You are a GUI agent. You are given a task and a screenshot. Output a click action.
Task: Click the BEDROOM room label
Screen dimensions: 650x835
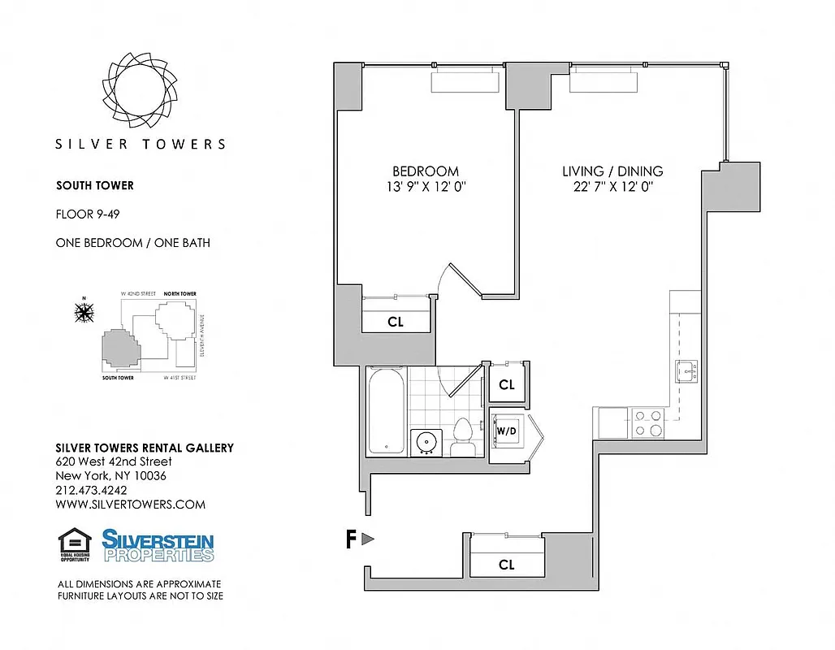click(x=425, y=171)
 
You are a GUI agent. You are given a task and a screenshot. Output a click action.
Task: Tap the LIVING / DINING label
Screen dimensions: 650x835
click(x=612, y=171)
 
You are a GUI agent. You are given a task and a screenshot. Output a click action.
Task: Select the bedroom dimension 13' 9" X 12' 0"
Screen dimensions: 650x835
click(x=425, y=187)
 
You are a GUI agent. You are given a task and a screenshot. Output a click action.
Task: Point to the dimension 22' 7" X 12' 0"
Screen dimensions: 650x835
click(x=612, y=187)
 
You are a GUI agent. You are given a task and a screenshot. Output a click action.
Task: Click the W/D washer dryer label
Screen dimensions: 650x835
click(x=506, y=430)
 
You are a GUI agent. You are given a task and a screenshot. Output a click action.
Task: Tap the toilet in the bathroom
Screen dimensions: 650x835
click(x=464, y=438)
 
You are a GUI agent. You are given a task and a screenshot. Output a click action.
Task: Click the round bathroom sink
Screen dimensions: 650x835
click(x=426, y=443)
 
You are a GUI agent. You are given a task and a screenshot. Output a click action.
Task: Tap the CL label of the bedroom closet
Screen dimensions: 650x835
click(x=395, y=322)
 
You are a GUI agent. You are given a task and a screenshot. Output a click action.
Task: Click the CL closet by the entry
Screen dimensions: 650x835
click(x=506, y=565)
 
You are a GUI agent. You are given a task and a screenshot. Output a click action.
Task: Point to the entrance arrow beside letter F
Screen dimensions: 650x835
click(x=368, y=539)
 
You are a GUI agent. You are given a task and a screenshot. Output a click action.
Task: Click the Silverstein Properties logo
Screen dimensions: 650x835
click(x=158, y=545)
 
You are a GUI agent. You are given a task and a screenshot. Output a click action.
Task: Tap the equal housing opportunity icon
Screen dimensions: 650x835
click(x=74, y=545)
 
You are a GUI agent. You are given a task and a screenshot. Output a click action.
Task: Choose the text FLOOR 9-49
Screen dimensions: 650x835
click(x=88, y=215)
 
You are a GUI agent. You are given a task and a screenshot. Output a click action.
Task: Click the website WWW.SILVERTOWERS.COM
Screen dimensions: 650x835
click(x=130, y=504)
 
